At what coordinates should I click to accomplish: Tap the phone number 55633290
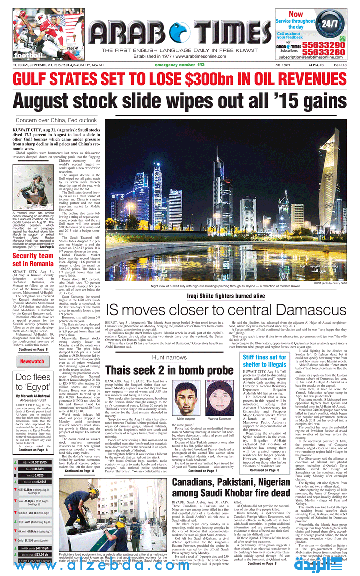(x=326, y=45)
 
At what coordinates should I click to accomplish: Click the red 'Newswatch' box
(x=32, y=361)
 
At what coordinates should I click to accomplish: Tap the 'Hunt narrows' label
(x=170, y=358)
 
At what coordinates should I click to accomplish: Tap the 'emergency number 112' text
(x=180, y=65)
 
